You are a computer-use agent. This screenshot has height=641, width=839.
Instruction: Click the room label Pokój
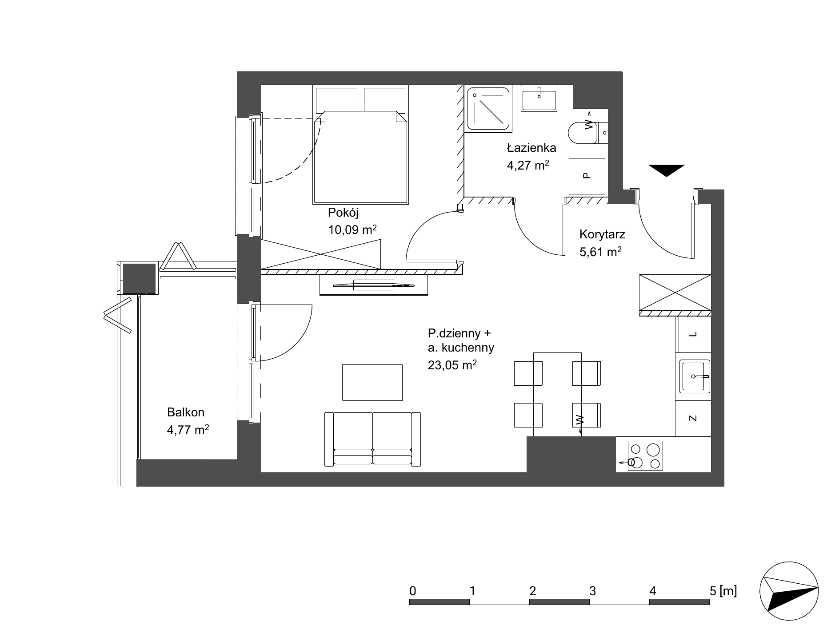coord(343,213)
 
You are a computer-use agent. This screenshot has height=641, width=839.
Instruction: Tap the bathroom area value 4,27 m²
coord(528,166)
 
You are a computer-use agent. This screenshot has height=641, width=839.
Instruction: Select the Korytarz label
coord(602,234)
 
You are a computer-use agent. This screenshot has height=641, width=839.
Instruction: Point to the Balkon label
coord(185,412)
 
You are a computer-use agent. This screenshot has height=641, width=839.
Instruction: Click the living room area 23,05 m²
coord(452,365)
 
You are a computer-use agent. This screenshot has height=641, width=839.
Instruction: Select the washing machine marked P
coord(587,176)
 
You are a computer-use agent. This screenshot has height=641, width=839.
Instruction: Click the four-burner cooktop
coord(645,455)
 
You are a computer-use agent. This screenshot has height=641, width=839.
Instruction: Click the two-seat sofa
coord(372,439)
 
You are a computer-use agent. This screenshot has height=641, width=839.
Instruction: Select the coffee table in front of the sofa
coord(372,382)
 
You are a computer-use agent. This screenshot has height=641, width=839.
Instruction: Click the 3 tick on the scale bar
coord(592,591)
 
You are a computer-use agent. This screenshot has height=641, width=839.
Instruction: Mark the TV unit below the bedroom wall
coord(374,285)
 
